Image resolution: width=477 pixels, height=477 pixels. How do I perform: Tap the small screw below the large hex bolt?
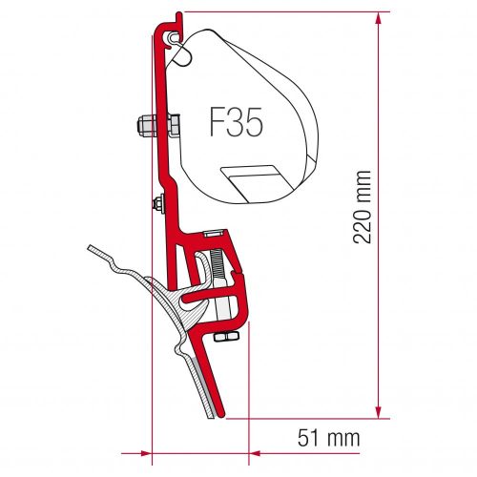pos(155,201)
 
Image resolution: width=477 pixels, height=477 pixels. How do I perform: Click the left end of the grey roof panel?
pos(88,249)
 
